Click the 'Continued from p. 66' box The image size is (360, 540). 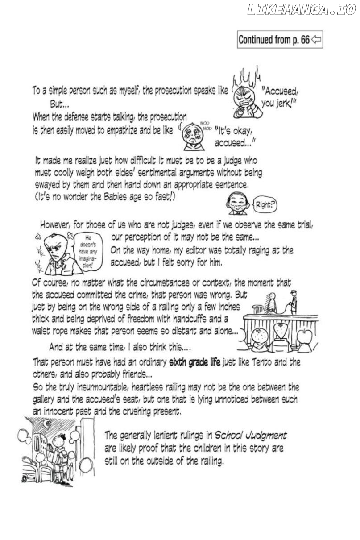click(280, 40)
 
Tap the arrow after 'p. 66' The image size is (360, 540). click(316, 40)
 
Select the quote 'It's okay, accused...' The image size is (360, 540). click(235, 137)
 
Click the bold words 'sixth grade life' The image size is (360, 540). click(194, 362)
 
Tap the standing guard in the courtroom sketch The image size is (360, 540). click(293, 301)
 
